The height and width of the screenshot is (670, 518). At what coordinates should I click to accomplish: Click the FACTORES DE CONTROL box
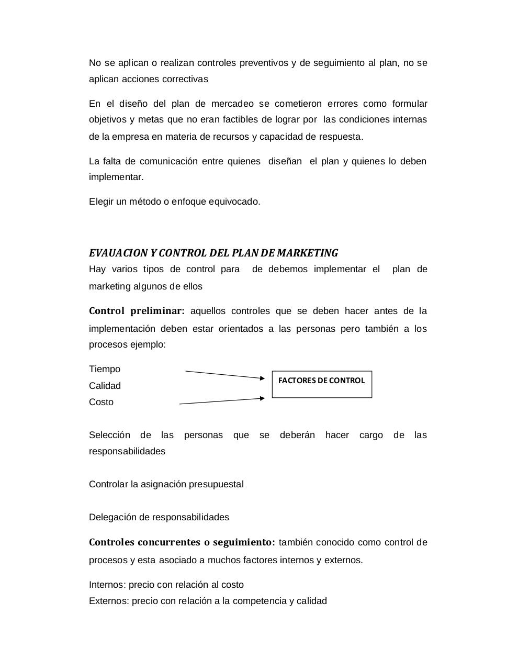pyautogui.click(x=322, y=384)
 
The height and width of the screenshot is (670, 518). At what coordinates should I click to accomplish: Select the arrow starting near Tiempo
pyautogui.click(x=225, y=374)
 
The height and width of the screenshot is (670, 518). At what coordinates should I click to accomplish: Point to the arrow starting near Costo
pyautogui.click(x=222, y=401)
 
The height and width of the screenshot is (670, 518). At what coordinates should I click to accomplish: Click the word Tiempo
pyautogui.click(x=105, y=369)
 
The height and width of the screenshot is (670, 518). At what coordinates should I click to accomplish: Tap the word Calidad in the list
pyautogui.click(x=105, y=386)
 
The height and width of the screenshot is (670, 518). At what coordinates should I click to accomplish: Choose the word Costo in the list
pyautogui.click(x=101, y=402)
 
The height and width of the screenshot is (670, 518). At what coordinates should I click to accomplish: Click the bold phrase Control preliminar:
pyautogui.click(x=137, y=311)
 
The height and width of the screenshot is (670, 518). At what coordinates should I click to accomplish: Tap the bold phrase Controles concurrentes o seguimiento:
pyautogui.click(x=182, y=542)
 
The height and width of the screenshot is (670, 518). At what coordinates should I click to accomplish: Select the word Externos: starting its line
pyautogui.click(x=109, y=601)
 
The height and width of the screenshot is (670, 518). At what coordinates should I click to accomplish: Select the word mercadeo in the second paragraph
pyautogui.click(x=233, y=104)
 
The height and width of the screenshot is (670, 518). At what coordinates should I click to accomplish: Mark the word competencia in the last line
pyautogui.click(x=259, y=601)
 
